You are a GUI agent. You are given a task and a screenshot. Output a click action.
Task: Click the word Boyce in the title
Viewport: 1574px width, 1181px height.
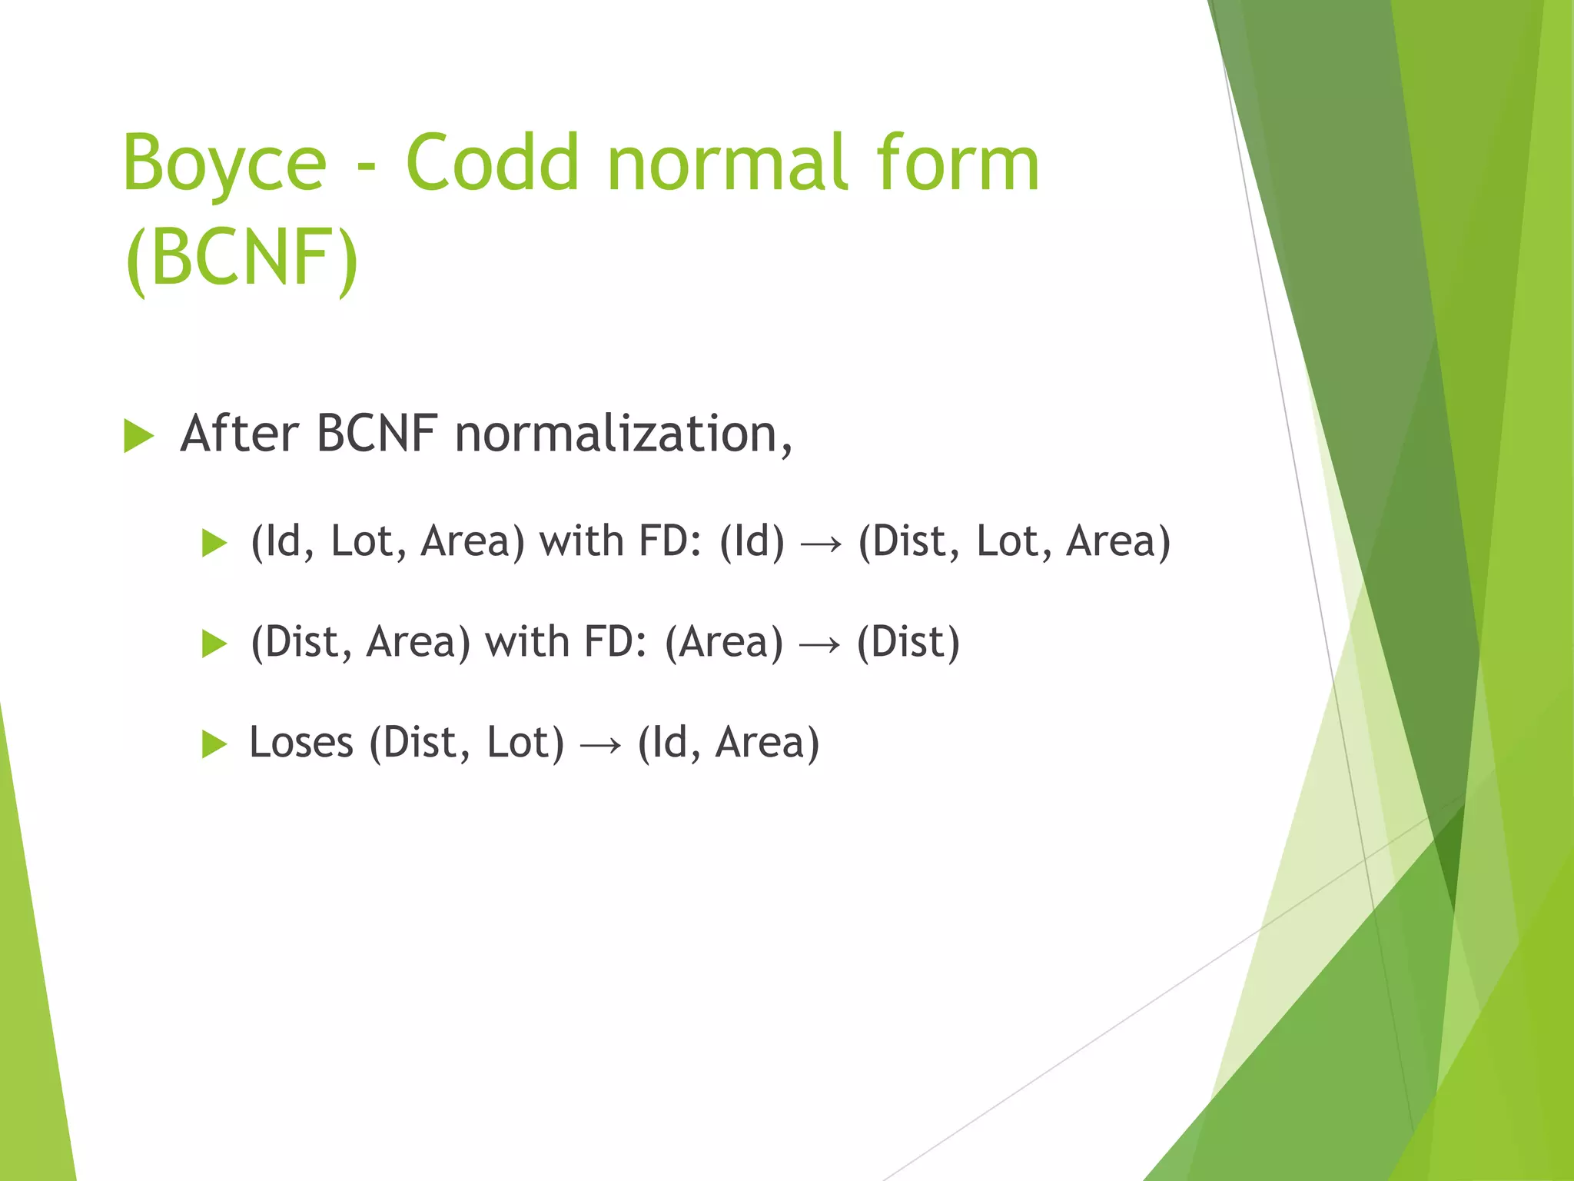point(224,164)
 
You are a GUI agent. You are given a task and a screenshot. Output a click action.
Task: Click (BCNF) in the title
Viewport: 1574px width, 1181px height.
point(241,258)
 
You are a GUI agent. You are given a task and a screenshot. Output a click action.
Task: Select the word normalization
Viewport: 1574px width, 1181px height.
point(623,434)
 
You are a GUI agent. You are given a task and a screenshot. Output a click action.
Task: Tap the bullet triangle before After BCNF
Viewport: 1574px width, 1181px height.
point(139,437)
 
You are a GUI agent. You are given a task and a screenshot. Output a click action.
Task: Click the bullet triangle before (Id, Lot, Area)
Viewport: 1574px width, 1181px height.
point(214,543)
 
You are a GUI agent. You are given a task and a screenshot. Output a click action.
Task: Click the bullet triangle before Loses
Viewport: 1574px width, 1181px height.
point(214,744)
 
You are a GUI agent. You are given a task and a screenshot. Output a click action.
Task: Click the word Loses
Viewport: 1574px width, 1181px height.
point(301,743)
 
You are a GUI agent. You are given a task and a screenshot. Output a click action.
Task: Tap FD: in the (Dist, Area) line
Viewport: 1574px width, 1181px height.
point(615,642)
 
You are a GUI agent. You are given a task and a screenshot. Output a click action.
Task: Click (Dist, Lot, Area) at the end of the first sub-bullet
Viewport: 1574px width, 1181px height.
point(1014,541)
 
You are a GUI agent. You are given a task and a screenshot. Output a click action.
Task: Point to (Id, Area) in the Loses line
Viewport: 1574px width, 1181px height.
point(729,743)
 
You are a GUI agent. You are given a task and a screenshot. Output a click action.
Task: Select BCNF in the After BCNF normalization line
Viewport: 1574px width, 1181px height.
point(377,434)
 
